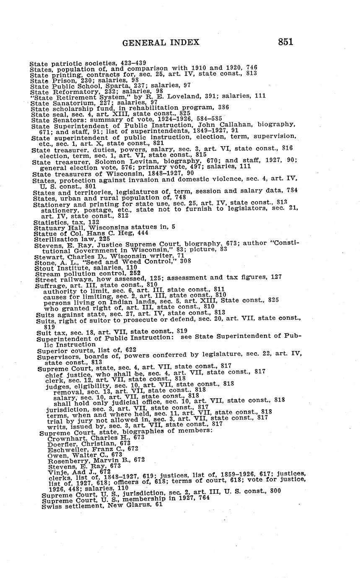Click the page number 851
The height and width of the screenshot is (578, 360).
click(285, 41)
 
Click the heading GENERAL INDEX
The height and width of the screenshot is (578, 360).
click(161, 42)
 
